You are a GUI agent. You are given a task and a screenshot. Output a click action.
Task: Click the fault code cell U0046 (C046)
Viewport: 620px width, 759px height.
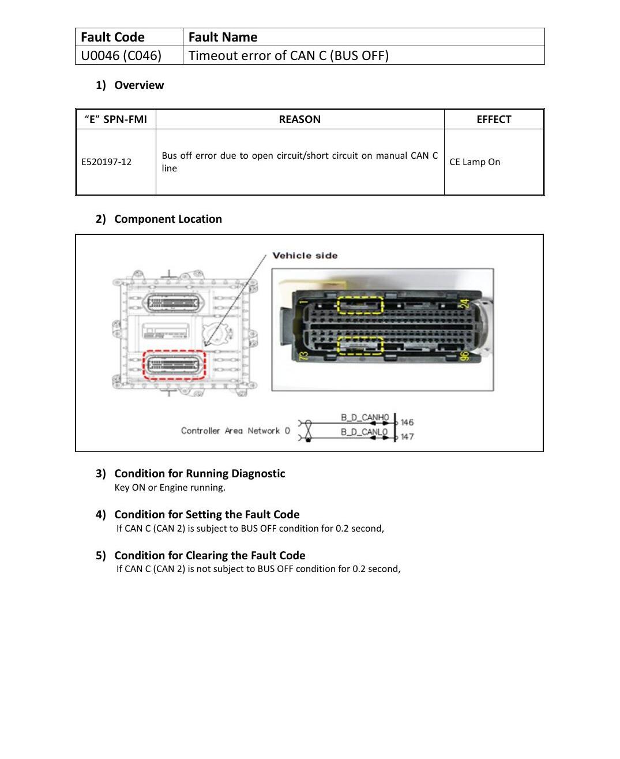(x=121, y=55)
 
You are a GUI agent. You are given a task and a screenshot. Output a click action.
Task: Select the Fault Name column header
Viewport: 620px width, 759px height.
(x=223, y=37)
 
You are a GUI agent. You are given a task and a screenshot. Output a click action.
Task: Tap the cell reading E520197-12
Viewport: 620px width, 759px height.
(x=107, y=162)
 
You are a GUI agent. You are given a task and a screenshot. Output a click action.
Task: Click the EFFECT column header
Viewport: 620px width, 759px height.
(x=494, y=119)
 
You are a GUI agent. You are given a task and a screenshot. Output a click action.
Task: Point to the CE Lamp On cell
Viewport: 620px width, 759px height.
(x=475, y=162)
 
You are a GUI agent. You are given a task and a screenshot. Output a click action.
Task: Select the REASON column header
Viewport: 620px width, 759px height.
(x=299, y=119)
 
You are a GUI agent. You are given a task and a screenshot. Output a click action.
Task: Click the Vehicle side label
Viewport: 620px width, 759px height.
(x=305, y=256)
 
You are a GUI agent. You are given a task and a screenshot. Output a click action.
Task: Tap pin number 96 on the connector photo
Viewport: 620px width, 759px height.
(x=464, y=356)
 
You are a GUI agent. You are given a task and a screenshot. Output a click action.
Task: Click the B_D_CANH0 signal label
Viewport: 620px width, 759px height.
(x=365, y=417)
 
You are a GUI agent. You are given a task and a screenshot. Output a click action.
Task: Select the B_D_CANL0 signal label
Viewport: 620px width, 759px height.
(x=364, y=432)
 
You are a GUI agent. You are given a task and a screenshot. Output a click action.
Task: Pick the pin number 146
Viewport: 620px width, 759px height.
(x=407, y=422)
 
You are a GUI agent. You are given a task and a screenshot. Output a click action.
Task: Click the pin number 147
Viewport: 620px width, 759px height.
(x=407, y=436)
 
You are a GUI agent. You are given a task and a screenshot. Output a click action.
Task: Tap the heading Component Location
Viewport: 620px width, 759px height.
(x=168, y=219)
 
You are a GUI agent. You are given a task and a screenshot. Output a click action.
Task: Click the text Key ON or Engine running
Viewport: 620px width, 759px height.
(x=170, y=487)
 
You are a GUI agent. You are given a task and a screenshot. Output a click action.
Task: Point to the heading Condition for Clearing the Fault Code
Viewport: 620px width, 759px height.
(x=210, y=555)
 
